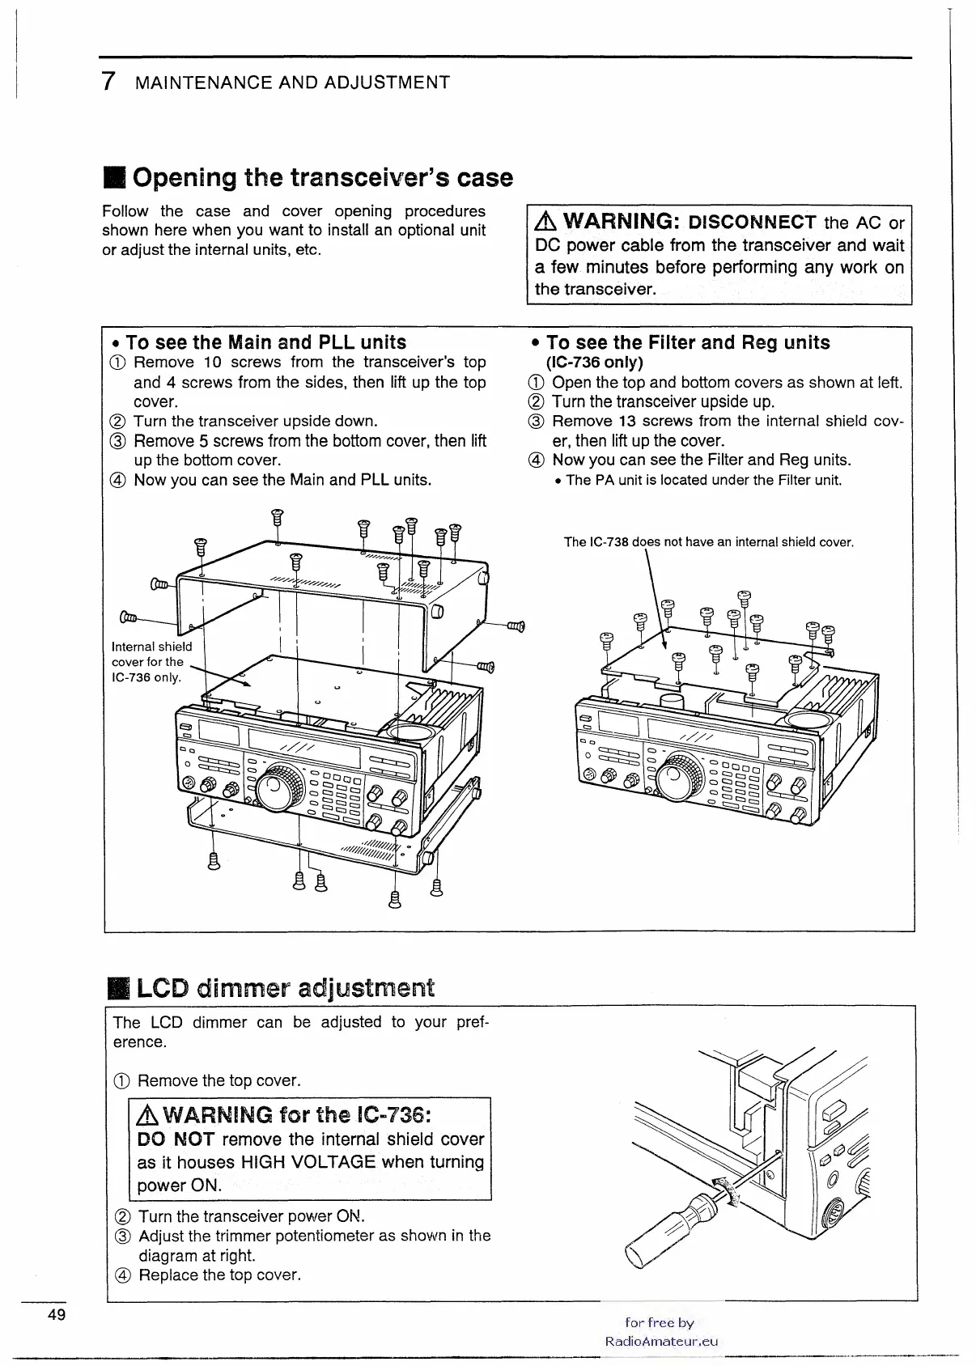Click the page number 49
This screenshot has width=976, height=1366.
[56, 1314]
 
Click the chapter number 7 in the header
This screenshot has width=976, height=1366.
[108, 82]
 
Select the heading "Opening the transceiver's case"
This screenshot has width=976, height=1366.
[322, 177]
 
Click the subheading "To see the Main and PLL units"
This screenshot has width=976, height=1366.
[265, 342]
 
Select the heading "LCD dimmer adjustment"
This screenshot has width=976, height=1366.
[285, 988]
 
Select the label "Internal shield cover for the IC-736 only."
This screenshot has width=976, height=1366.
[151, 662]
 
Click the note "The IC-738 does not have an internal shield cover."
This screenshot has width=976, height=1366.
[709, 542]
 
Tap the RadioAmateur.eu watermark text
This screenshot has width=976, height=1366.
[661, 1340]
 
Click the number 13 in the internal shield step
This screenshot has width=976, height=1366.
[627, 421]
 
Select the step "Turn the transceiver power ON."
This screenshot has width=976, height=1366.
[252, 1216]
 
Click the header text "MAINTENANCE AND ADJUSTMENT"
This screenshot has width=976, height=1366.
[292, 83]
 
